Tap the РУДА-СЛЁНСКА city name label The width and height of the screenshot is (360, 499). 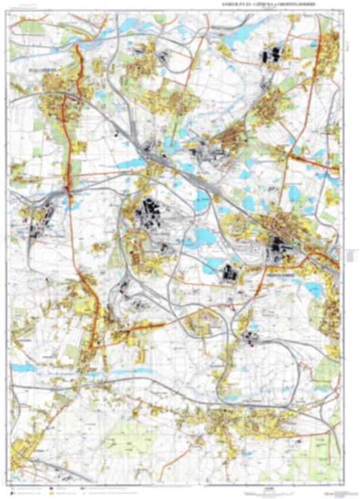[x=39, y=69]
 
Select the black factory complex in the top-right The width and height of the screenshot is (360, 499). [x=273, y=55]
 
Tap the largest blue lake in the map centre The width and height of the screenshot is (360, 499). [x=203, y=236]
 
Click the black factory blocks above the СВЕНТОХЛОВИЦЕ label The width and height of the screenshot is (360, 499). [x=278, y=250]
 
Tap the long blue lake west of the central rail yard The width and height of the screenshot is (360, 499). [x=132, y=163]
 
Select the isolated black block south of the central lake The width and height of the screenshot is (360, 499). [x=230, y=273]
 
